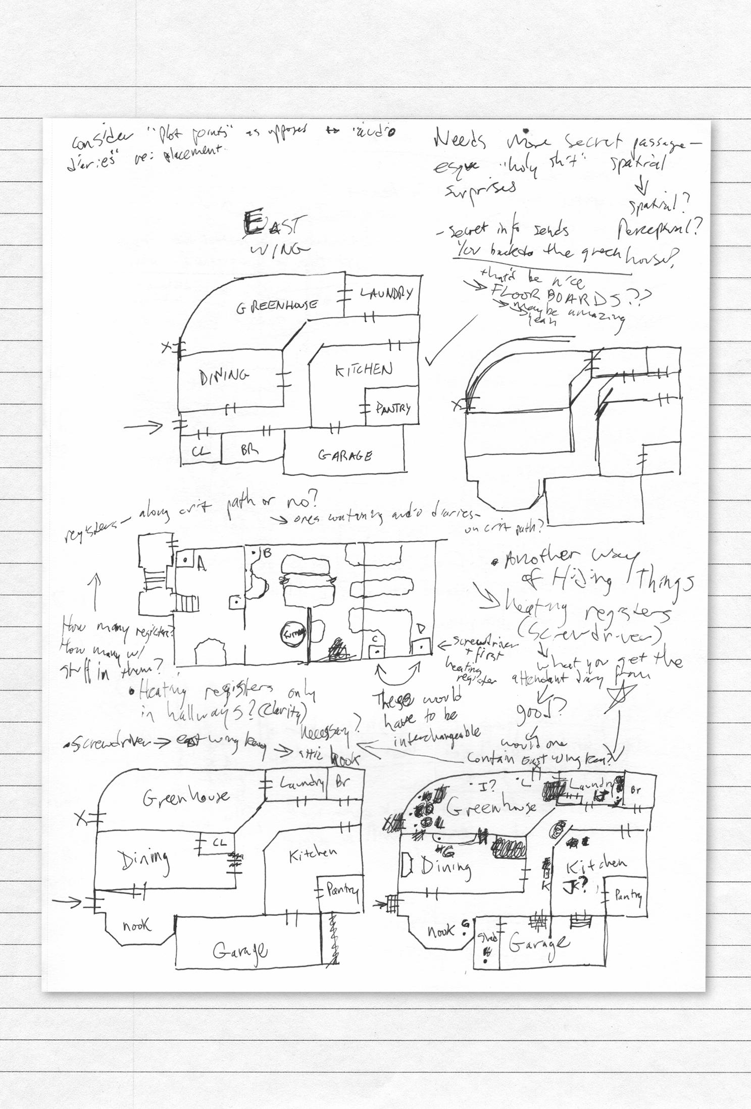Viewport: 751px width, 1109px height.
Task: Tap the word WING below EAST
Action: pos(279,249)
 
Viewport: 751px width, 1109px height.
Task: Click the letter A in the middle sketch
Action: pos(202,564)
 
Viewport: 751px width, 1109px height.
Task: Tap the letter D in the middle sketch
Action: pos(421,628)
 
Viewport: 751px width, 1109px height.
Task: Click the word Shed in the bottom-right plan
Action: pos(487,938)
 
